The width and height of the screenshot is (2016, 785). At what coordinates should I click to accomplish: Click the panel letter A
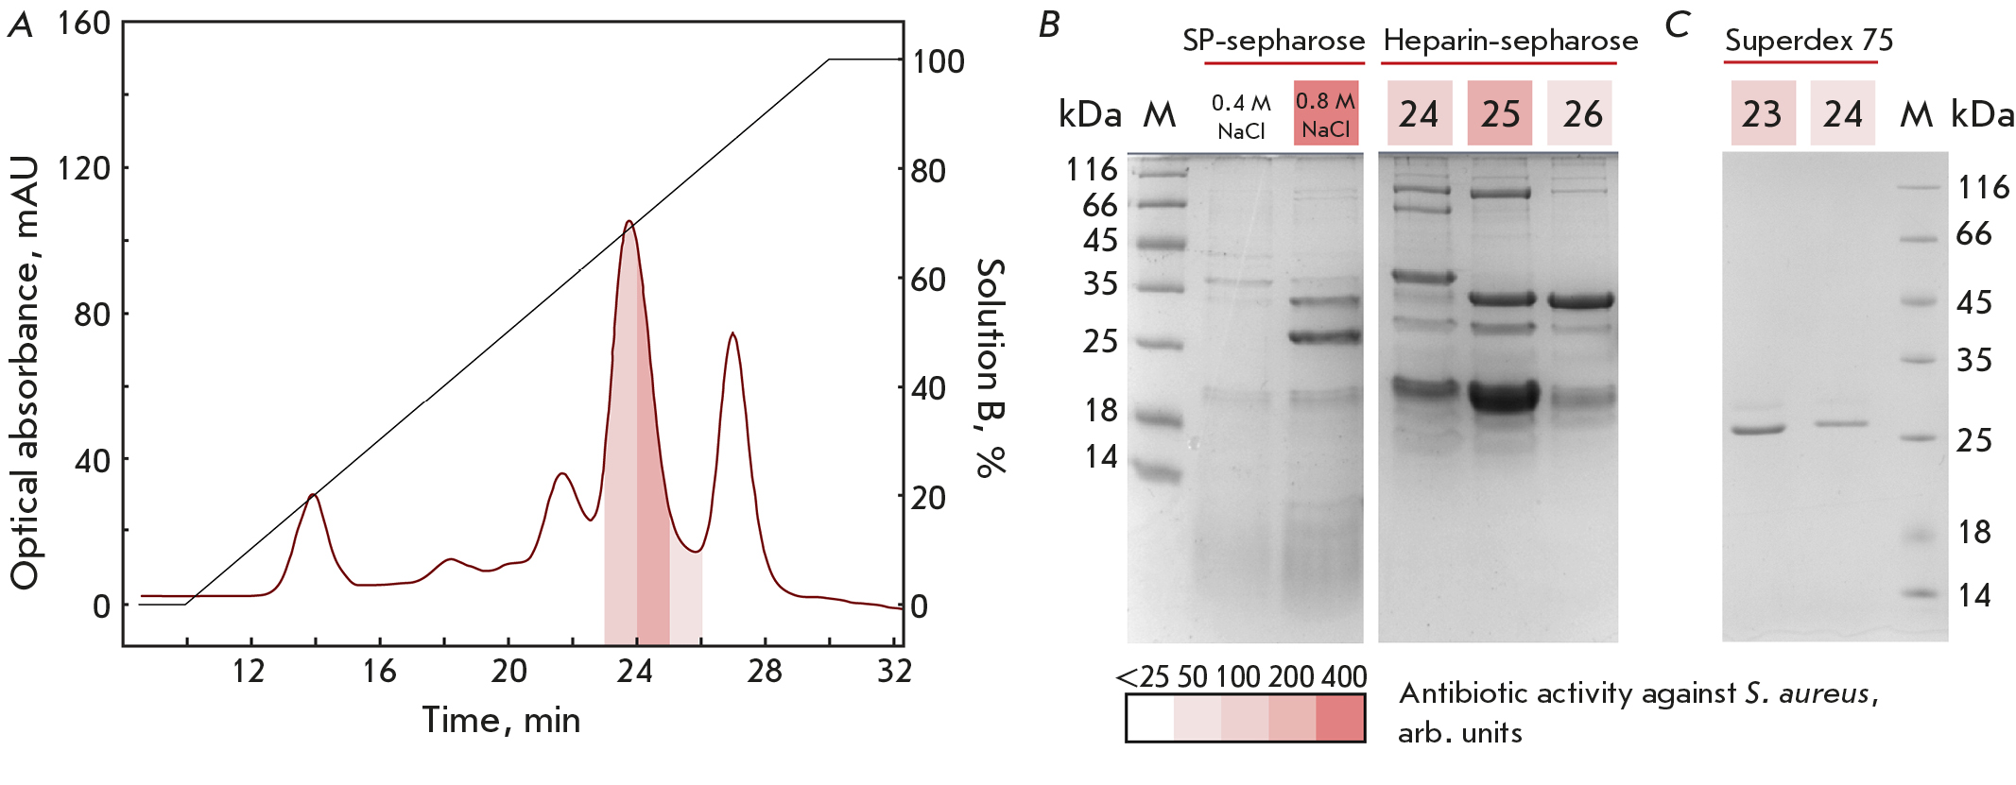pos(20,26)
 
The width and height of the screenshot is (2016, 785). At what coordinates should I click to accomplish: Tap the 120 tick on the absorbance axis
pos(83,168)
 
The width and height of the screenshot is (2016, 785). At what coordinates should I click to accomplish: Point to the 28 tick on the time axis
pos(765,672)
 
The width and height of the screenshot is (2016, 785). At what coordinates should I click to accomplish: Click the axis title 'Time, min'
pos(501,721)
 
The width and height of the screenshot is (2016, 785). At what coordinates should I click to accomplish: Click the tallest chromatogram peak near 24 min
pos(629,223)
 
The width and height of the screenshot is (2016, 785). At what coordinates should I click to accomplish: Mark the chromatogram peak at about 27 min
pos(732,334)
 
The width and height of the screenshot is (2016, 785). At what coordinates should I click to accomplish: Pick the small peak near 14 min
pos(313,495)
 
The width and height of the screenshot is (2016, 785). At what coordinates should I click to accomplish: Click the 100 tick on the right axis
pos(938,61)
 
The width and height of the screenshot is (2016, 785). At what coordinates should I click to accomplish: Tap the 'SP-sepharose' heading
pos(1273,41)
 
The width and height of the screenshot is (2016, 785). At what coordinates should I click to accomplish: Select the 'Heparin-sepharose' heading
pos(1510,41)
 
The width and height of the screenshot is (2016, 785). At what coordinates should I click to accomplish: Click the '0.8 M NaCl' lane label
pos(1325,114)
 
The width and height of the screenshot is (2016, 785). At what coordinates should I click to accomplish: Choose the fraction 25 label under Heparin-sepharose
pos(1500,114)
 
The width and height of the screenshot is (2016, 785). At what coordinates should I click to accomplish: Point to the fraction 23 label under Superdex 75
pos(1762,114)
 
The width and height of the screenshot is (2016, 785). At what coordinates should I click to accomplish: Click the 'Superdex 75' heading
pos(1808,41)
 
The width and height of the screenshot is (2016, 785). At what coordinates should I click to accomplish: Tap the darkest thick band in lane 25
pos(1504,395)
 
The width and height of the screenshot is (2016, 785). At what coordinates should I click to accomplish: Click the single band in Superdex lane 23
pos(1758,430)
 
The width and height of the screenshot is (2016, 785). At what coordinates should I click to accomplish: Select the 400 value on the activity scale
pos(1343,676)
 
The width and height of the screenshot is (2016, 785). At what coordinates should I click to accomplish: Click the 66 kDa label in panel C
pos(1973,234)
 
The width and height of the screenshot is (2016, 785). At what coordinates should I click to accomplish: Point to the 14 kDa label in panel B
pos(1100,457)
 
